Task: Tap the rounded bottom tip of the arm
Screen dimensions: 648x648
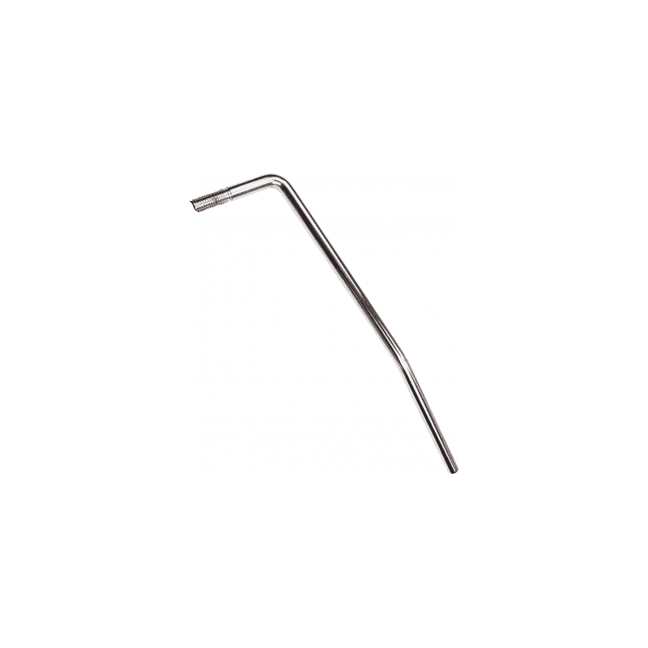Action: pos(454,470)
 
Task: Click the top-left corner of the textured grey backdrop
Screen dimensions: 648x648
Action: pos(190,175)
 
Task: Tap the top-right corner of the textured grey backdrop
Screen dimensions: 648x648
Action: pos(458,175)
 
